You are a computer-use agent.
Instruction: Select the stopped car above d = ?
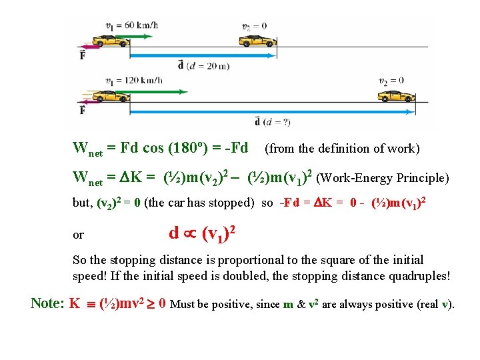(x=396, y=97)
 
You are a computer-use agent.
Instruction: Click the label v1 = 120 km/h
(x=133, y=81)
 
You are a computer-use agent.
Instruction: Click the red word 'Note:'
(x=48, y=304)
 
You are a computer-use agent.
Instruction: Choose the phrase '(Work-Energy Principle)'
(x=383, y=179)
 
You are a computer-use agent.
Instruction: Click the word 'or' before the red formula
(x=78, y=235)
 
